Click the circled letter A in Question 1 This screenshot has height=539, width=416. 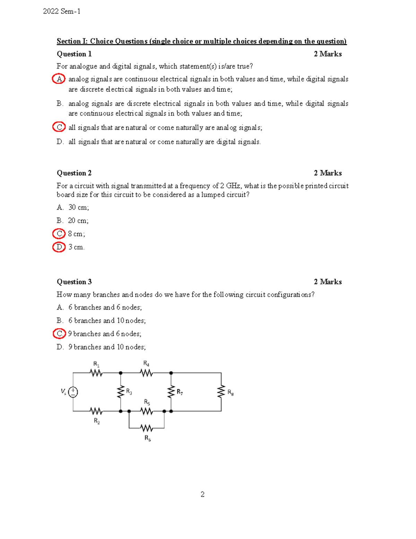tap(59, 79)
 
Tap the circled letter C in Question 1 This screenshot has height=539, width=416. tap(59, 127)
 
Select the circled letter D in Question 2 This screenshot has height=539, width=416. tap(59, 247)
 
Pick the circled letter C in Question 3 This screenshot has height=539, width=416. tap(59, 334)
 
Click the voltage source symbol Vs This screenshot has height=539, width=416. tap(73, 392)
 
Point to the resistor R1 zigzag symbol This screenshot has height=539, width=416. tap(96, 373)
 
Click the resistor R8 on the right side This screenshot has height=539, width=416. tap(221, 392)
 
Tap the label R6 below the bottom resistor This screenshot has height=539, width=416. tap(148, 438)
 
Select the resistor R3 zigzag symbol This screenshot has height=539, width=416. tap(121, 392)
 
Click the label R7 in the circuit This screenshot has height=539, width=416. tap(180, 392)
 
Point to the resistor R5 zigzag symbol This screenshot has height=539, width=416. tap(147, 411)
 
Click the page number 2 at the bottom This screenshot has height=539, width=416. tap(202, 494)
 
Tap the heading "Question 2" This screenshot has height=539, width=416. tap(74, 173)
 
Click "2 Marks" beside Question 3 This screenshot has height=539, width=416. tap(328, 282)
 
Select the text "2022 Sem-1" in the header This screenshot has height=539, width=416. tap(62, 11)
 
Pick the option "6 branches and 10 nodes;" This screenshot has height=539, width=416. tap(107, 321)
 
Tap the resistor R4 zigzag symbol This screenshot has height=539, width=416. tap(146, 373)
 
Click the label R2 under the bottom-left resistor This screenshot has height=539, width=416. tap(97, 421)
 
